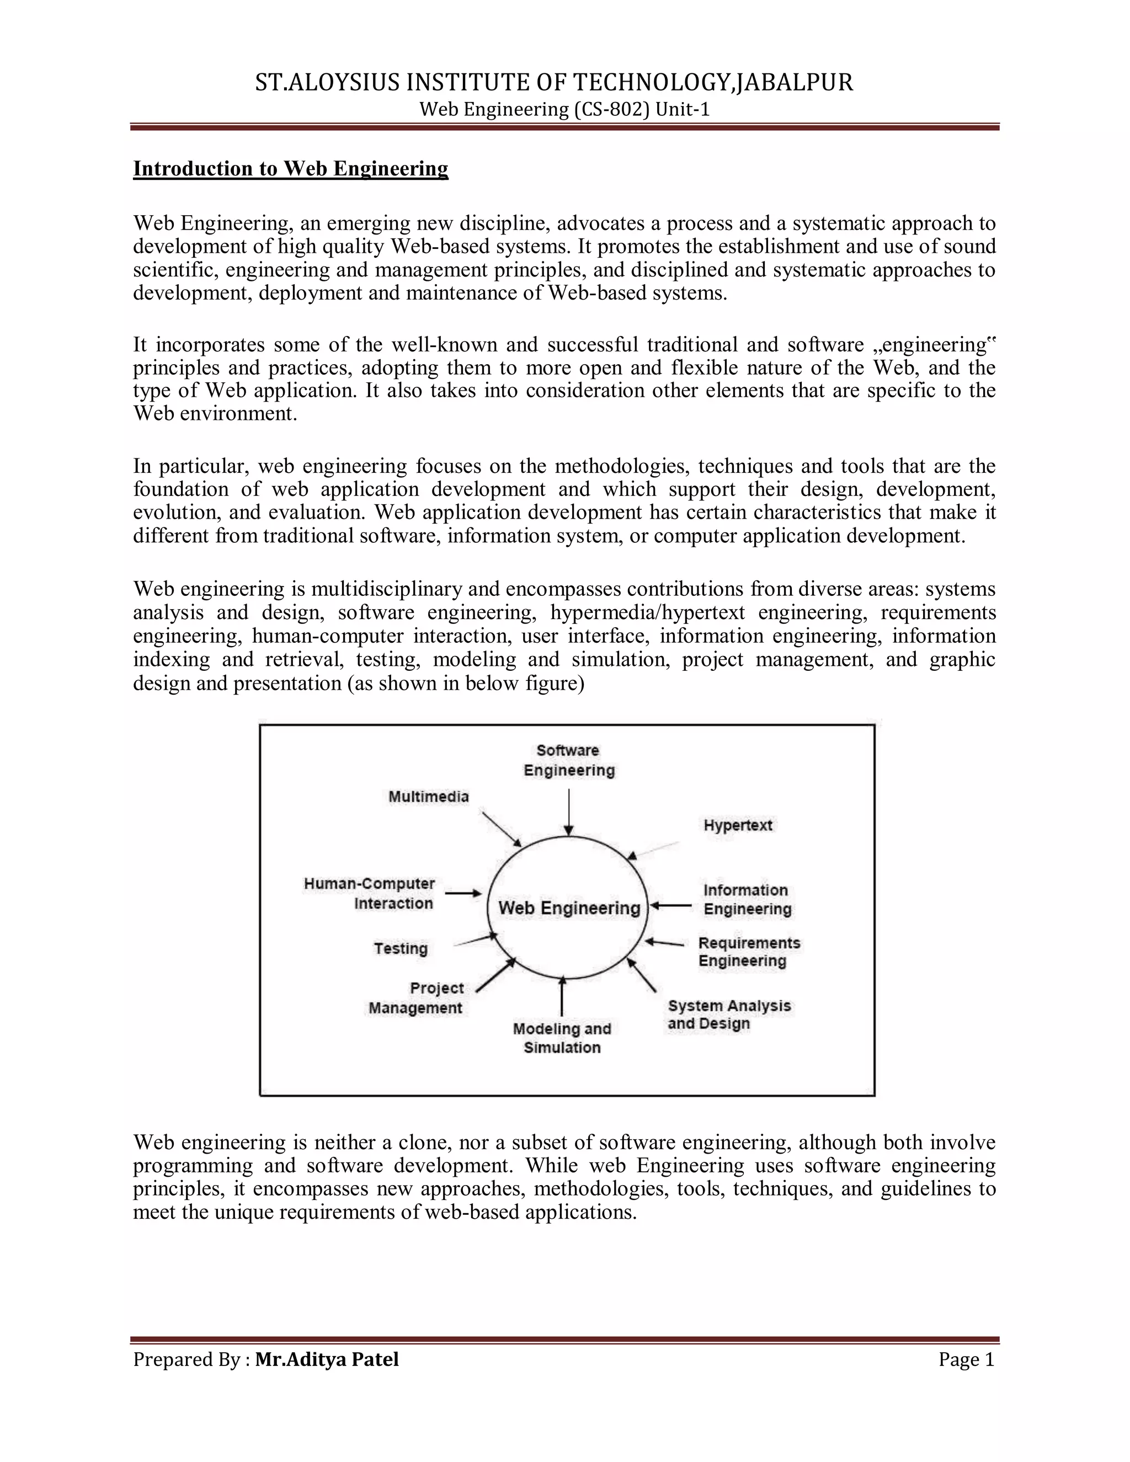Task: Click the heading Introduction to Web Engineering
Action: coord(291,169)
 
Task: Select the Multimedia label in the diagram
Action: coord(428,797)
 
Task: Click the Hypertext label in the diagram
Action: coord(738,825)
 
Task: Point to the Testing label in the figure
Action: coord(401,948)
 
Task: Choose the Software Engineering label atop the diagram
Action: coord(569,760)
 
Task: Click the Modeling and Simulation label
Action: coord(562,1038)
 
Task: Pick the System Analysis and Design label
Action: coord(728,1015)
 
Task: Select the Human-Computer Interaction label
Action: coord(370,894)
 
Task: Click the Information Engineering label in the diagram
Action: coord(747,900)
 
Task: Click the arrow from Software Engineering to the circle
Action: coord(569,812)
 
